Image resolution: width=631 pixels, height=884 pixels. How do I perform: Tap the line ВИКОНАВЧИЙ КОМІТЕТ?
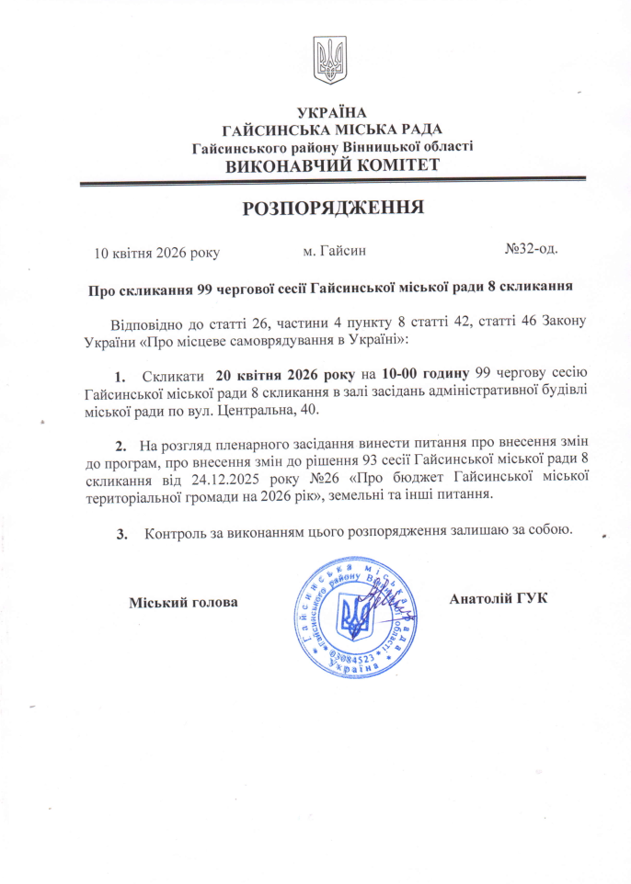click(332, 166)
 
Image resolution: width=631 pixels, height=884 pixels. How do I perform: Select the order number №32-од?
click(531, 249)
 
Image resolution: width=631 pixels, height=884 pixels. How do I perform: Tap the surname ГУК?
click(531, 599)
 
